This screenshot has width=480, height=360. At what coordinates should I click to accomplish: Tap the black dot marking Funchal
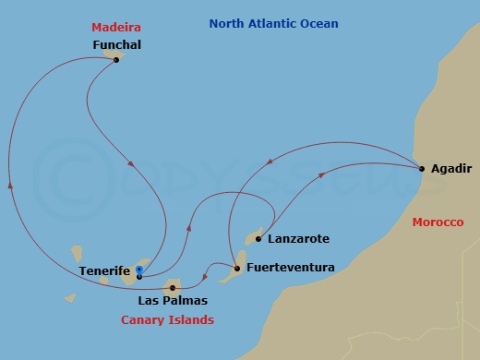(115, 60)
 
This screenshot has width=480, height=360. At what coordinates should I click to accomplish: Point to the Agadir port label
(450, 169)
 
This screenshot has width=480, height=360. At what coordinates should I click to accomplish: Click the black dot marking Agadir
(421, 168)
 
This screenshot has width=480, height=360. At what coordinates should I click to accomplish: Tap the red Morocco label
(438, 222)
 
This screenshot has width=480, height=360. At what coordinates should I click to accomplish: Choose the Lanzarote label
(297, 239)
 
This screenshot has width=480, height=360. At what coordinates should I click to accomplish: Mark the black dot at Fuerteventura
(237, 269)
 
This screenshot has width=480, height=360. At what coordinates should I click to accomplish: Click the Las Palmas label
(172, 301)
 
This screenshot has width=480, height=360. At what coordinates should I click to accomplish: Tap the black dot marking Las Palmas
(173, 287)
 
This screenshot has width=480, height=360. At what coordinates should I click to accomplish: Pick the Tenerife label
(104, 271)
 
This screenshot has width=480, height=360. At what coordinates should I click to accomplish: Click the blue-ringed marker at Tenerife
(138, 270)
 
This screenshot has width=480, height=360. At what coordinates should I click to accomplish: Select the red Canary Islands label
(167, 320)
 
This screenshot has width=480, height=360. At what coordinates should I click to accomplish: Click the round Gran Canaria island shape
(174, 287)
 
